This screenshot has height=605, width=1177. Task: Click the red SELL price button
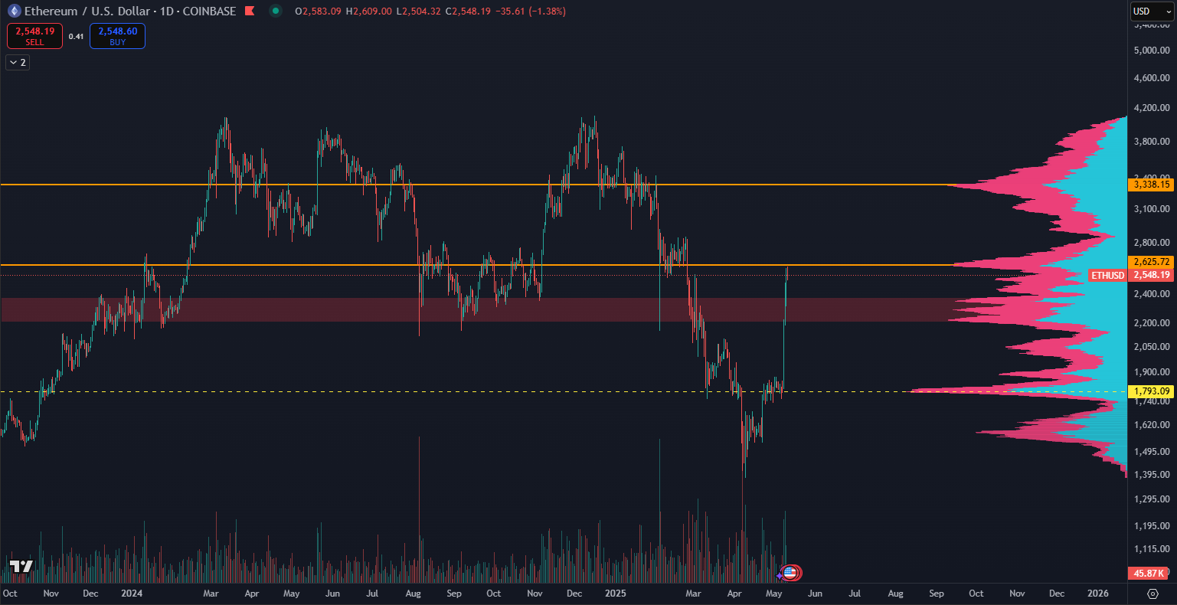(34, 36)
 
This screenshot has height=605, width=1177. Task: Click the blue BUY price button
(117, 36)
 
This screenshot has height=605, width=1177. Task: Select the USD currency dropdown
(1152, 11)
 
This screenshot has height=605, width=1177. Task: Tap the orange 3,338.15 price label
(1151, 185)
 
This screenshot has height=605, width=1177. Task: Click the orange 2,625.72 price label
(1151, 262)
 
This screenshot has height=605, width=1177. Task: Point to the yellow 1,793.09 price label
(1151, 391)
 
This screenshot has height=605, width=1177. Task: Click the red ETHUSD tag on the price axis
(1107, 275)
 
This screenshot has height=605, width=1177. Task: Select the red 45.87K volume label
(1149, 573)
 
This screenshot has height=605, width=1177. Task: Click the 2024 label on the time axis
(131, 594)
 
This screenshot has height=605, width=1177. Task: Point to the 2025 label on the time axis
(616, 594)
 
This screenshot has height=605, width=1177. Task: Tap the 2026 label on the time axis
(1098, 594)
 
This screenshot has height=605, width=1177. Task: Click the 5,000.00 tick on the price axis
(1151, 51)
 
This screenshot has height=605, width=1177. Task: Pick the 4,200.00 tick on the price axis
(1151, 108)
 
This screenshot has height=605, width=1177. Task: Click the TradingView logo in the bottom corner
(21, 567)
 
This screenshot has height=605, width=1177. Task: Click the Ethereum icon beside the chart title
(13, 11)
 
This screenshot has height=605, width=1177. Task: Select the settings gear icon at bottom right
(1152, 594)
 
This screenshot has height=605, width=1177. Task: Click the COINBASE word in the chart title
(209, 11)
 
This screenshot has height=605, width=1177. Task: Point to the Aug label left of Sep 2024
(414, 594)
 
